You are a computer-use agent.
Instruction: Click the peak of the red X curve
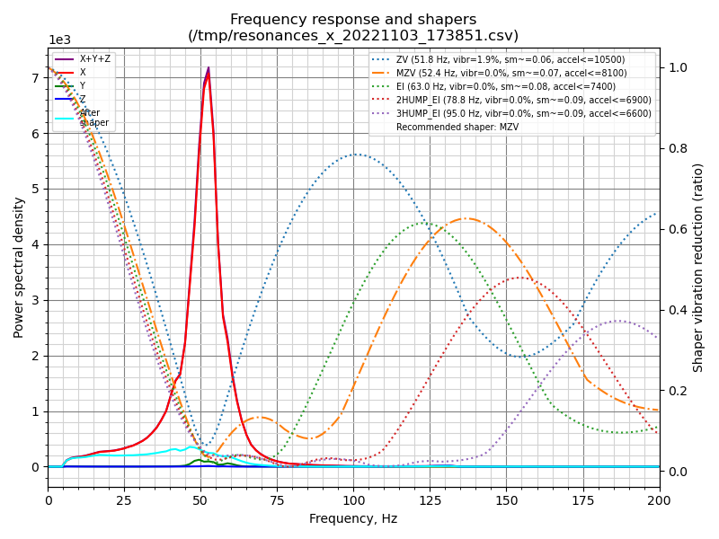(x=209, y=67)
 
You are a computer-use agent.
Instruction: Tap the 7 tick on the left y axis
(x=35, y=78)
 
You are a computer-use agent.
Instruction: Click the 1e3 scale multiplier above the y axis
(x=58, y=40)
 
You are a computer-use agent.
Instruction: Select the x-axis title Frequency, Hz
(x=353, y=518)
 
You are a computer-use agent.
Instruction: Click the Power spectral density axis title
(x=19, y=267)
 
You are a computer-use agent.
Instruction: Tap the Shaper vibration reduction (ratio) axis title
(x=698, y=267)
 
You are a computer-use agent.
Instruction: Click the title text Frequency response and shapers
(x=353, y=20)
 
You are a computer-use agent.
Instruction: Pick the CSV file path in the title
(x=353, y=36)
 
